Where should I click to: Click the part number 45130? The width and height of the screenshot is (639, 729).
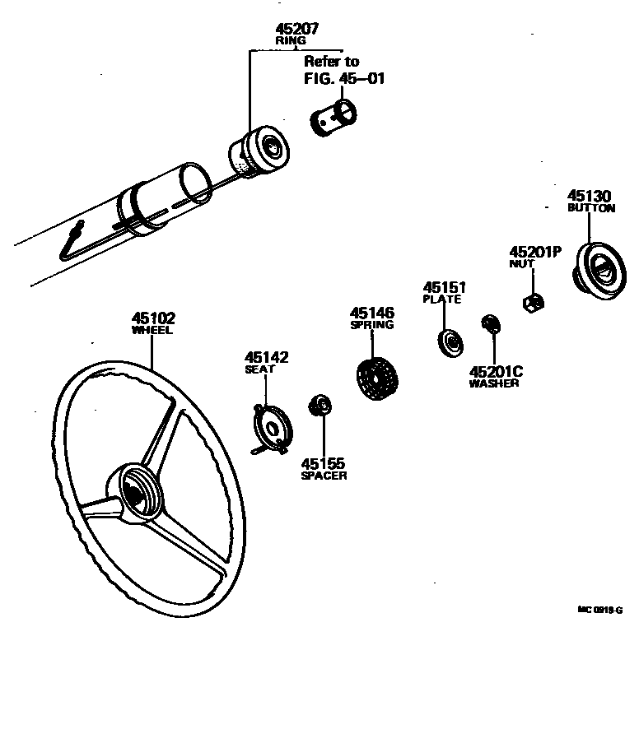pyautogui.click(x=590, y=196)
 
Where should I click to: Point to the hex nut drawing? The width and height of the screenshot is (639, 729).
pyautogui.click(x=532, y=302)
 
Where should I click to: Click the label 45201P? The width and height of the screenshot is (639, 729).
pyautogui.click(x=534, y=252)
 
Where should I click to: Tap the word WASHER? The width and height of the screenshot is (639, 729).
pyautogui.click(x=494, y=383)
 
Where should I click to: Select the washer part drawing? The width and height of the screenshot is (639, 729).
pyautogui.click(x=490, y=324)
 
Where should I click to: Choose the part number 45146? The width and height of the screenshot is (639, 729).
pyautogui.click(x=372, y=313)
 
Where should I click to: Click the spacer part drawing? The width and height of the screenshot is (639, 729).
pyautogui.click(x=319, y=405)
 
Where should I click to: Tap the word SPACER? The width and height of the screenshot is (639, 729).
pyautogui.click(x=324, y=476)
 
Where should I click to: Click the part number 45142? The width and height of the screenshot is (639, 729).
pyautogui.click(x=266, y=357)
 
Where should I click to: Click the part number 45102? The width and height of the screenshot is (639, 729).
pyautogui.click(x=153, y=318)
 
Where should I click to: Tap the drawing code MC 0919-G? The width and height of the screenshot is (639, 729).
pyautogui.click(x=599, y=610)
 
